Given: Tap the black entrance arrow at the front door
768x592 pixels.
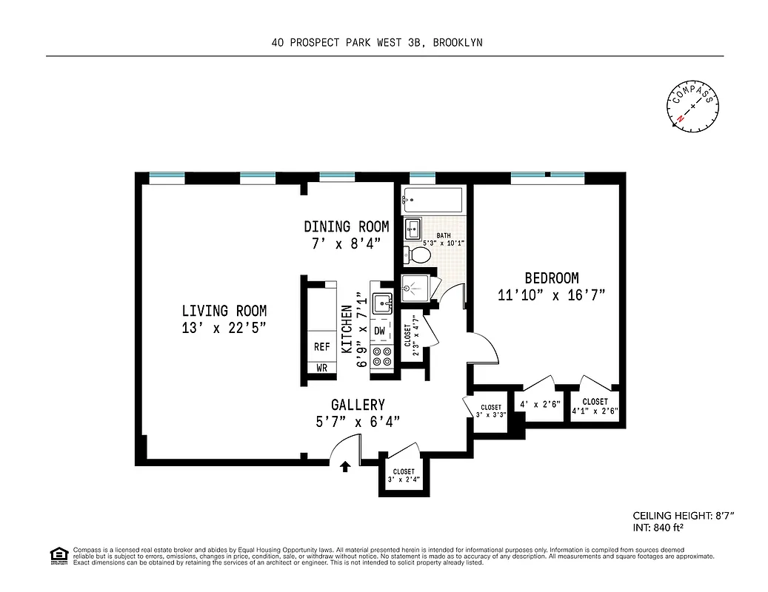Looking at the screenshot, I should (345, 466).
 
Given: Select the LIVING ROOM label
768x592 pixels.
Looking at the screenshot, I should (224, 311).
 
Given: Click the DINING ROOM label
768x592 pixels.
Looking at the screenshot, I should (346, 226).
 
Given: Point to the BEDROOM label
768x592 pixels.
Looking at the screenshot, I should (552, 278).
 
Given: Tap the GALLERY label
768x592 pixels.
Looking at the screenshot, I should (358, 405).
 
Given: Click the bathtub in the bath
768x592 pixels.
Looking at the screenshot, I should (433, 200).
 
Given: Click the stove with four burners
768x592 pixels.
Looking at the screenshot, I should (381, 357).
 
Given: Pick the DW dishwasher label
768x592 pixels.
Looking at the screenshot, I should (380, 330).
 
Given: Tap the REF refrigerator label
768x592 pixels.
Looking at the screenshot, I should (321, 346).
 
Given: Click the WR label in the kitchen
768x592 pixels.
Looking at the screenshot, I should (321, 367).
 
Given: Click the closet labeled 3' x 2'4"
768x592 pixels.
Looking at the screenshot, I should (404, 475).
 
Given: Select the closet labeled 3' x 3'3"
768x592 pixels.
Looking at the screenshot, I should (491, 411).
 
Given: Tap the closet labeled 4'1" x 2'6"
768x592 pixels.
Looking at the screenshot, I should (595, 406).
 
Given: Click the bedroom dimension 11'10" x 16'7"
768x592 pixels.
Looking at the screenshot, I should (552, 295).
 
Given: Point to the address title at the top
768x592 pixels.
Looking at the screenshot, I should (377, 43).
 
